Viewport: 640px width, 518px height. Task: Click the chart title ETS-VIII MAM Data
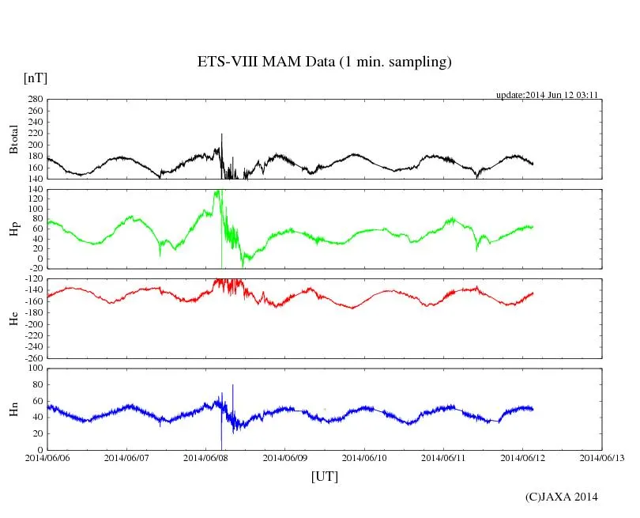(x=324, y=62)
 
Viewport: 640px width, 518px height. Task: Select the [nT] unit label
(x=36, y=78)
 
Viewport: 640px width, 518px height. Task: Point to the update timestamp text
(x=546, y=95)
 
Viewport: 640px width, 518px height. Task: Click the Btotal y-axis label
(x=13, y=139)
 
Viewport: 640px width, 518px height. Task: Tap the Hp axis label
(x=13, y=229)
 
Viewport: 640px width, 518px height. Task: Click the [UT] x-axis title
(x=324, y=476)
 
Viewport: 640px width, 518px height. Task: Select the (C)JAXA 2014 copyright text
(x=562, y=497)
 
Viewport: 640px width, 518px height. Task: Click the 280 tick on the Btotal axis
(x=34, y=100)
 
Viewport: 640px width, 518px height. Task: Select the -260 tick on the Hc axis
(x=32, y=357)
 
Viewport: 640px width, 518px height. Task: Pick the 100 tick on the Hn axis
(x=34, y=369)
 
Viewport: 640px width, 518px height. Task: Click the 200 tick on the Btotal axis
(x=34, y=146)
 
